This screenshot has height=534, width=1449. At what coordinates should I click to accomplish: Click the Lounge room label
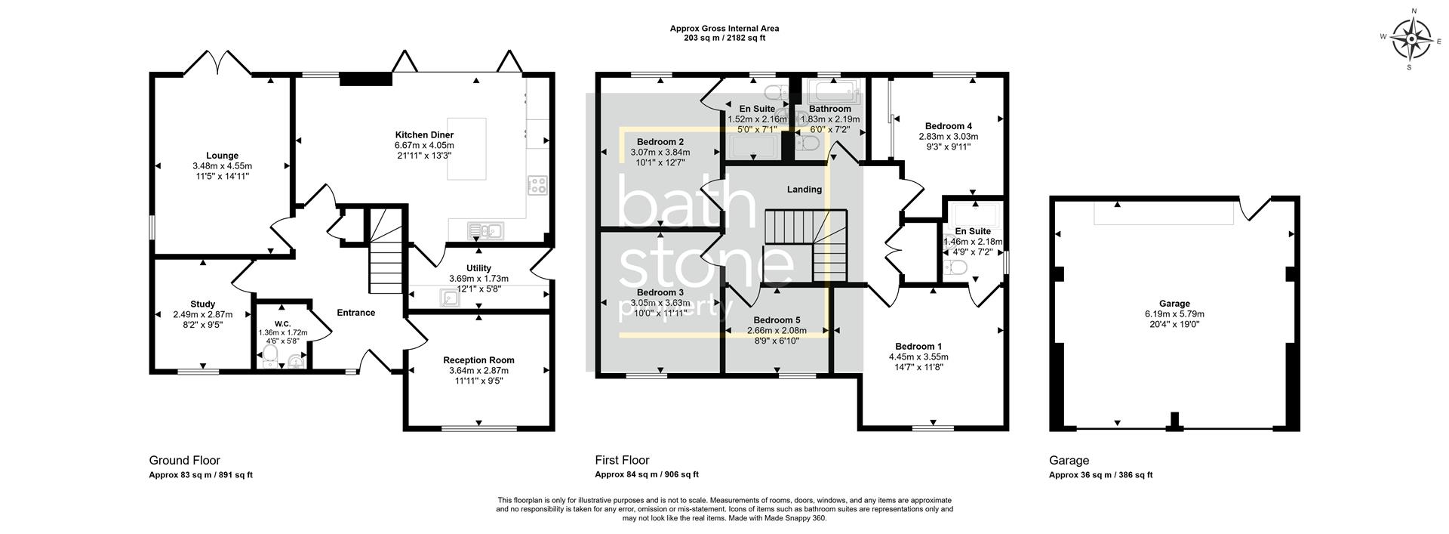(x=222, y=156)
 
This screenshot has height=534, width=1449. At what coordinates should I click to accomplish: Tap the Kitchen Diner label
(x=424, y=134)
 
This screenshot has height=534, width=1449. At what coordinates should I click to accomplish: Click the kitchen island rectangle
(x=467, y=148)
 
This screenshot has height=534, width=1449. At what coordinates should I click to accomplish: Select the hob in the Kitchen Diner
(x=537, y=185)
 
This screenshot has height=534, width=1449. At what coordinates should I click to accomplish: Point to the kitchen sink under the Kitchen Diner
(x=485, y=230)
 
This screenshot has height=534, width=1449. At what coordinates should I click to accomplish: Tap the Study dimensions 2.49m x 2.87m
(x=202, y=315)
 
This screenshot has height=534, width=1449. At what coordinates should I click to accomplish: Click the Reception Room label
(x=478, y=360)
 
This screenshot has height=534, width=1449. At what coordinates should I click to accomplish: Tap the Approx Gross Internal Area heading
(x=724, y=29)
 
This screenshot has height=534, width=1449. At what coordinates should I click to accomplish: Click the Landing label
(x=804, y=190)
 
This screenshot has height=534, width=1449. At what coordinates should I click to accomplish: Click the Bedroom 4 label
(x=948, y=126)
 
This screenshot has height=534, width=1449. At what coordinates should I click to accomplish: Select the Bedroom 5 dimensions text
(x=776, y=331)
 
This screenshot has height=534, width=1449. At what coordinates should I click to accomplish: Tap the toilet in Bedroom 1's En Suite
(x=958, y=268)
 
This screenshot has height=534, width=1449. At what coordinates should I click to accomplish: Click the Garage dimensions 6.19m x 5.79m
(x=1174, y=314)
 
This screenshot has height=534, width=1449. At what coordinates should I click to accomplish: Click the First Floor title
(x=622, y=460)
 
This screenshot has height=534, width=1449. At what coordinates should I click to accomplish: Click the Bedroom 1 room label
(x=918, y=346)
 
